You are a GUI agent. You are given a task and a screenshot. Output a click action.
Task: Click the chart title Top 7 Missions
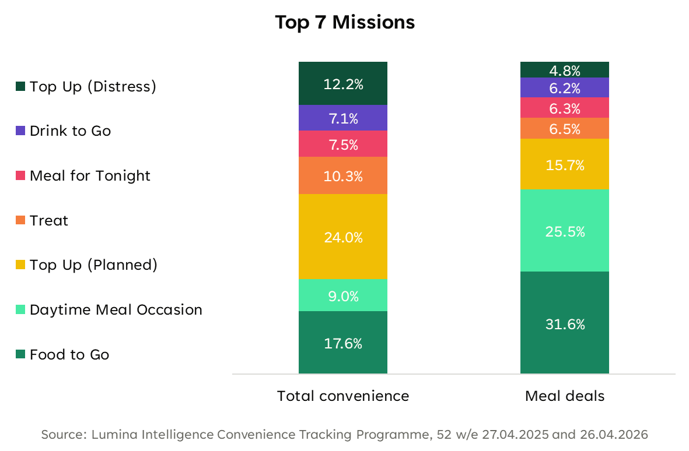pos(345,22)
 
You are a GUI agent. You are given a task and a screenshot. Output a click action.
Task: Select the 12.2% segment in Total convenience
pos(342,83)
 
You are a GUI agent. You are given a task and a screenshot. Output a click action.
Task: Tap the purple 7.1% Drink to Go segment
pos(342,118)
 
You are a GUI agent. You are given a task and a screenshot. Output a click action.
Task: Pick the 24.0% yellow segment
pos(342,237)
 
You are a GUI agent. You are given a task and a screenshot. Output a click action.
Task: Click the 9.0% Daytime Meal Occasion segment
pos(342,295)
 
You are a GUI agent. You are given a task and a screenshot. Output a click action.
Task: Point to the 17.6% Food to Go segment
pos(342,343)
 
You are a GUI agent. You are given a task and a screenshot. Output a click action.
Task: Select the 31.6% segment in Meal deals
pos(565,322)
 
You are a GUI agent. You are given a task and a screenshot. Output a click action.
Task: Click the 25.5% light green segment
pos(565,230)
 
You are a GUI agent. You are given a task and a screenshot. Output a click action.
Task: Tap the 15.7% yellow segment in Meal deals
pos(565,164)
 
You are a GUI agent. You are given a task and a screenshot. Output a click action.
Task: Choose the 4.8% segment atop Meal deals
pos(565,70)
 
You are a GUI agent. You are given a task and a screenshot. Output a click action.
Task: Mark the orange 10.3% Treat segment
pos(342,175)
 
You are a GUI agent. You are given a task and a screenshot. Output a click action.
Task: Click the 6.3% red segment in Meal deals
pos(565,107)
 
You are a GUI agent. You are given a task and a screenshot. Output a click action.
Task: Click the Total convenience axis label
pos(343,396)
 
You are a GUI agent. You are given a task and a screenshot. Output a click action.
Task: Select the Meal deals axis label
pos(565,396)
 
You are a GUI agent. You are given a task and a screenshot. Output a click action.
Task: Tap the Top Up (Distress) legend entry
pos(86,86)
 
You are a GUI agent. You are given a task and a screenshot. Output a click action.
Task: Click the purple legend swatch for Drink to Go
pos(20,131)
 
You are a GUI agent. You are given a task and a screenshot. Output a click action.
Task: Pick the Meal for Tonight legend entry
pos(83,175)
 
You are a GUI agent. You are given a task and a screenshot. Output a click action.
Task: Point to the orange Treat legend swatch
pos(20,220)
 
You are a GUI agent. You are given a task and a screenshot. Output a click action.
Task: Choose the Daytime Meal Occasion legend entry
pos(109,310)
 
